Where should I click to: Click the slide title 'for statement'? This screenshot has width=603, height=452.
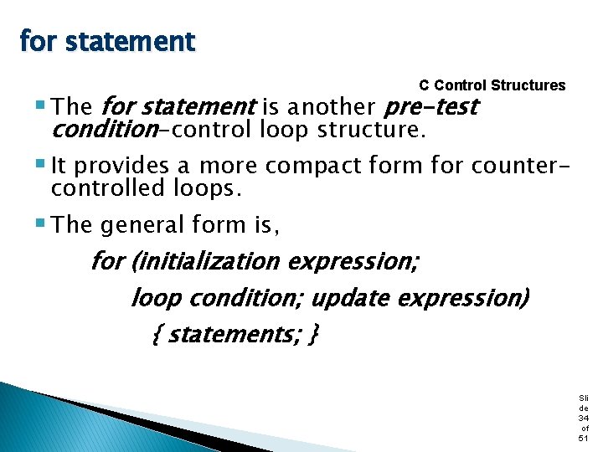point(106,41)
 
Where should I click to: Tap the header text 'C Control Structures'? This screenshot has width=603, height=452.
point(492,85)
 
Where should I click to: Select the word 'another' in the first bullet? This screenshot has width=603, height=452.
point(331,107)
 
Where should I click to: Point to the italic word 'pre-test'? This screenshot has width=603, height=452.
point(430,107)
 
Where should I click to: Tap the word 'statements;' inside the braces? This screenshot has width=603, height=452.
point(235,334)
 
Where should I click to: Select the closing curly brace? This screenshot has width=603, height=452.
point(312,335)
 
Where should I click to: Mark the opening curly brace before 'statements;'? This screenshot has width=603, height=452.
point(159,335)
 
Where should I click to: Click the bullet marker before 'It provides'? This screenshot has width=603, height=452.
point(41,164)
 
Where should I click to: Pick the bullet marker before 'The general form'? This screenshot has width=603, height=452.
point(41,223)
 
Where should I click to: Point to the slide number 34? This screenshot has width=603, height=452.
point(583,418)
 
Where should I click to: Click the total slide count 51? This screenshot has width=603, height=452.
point(583,439)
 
